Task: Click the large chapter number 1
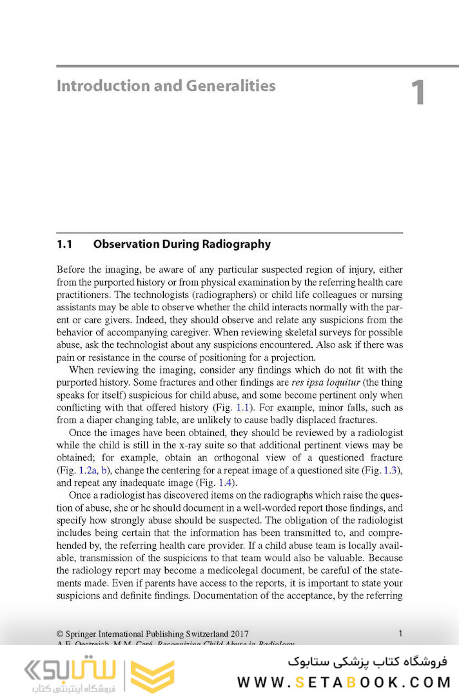click(x=418, y=93)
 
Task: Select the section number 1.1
click(x=64, y=244)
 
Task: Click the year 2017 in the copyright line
click(x=239, y=633)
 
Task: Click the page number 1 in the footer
click(x=400, y=633)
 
